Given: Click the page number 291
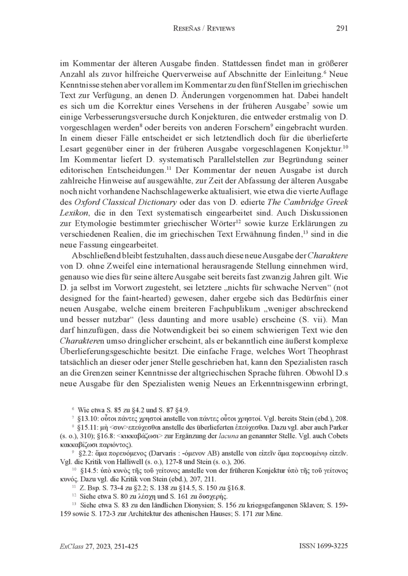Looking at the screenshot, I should [x=342, y=29].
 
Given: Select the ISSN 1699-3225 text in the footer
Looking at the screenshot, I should [x=323, y=546].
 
